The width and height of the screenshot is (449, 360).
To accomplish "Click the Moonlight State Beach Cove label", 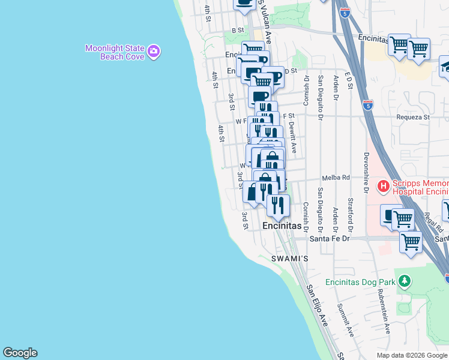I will (x=114, y=52).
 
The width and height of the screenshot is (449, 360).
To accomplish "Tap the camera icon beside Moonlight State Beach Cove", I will (x=154, y=52).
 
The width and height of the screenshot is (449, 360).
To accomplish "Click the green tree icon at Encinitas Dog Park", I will (x=405, y=281).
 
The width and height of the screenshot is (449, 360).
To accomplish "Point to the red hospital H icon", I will (x=383, y=186).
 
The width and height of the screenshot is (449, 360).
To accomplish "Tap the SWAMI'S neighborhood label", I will (x=289, y=259).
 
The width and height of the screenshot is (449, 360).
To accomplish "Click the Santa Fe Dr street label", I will (x=329, y=238).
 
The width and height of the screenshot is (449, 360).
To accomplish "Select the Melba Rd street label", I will (x=336, y=178).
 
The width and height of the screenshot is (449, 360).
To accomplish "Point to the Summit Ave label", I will (x=345, y=319).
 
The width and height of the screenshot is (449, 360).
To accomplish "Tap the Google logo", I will (x=20, y=353).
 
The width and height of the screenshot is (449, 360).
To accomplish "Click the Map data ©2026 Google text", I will (x=411, y=355).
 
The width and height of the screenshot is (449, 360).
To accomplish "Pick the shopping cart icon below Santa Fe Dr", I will (x=411, y=242).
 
